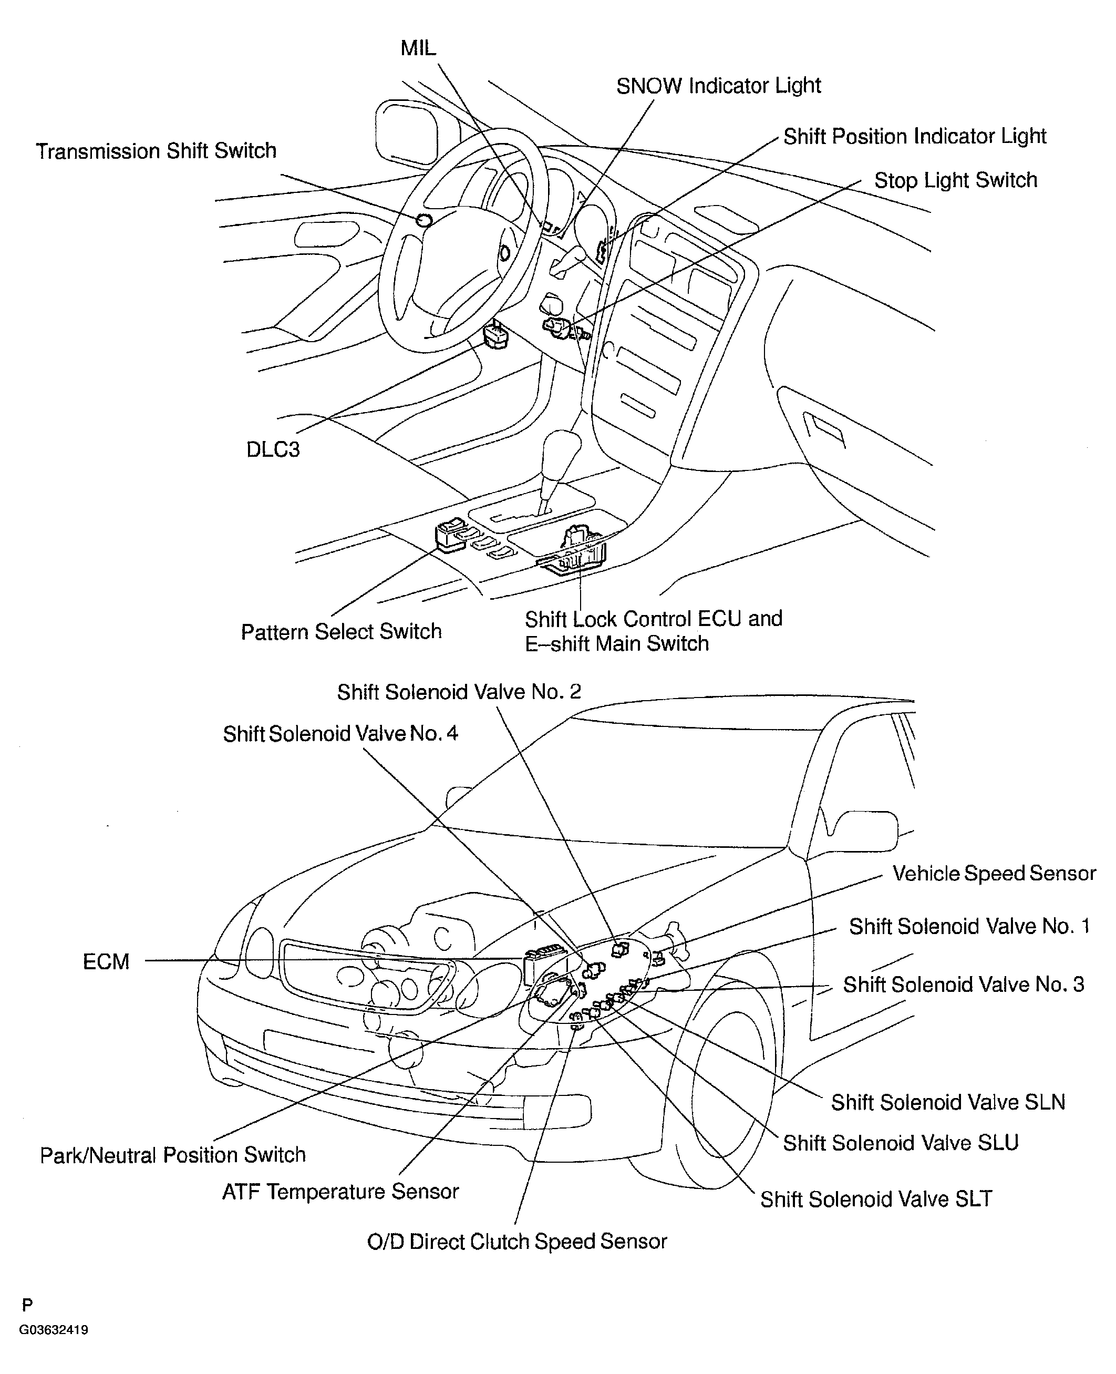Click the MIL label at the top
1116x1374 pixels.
418,48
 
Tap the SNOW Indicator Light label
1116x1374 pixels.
718,86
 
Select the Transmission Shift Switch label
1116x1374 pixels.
156,151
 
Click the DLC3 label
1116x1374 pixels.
273,449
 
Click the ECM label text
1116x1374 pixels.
106,962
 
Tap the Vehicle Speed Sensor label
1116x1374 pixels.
994,873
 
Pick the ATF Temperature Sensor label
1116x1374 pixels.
340,1192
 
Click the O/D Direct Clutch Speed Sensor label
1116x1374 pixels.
517,1241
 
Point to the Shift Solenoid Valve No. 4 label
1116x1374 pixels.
340,734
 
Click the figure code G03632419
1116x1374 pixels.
54,1330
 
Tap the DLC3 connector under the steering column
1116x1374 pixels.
495,334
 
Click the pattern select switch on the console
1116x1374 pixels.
452,536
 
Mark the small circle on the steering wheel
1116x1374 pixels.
423,220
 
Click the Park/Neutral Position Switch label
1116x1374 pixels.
172,1155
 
